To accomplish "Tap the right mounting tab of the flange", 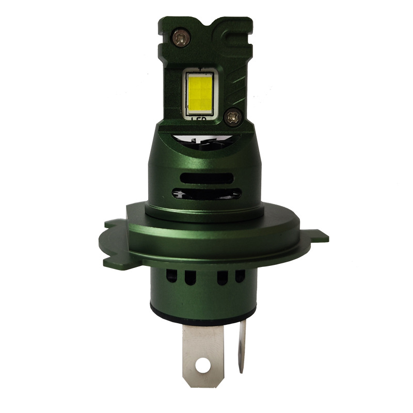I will tap(317, 237).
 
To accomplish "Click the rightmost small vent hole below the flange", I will tap(239, 277).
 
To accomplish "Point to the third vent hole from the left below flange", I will tap(223, 278).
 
